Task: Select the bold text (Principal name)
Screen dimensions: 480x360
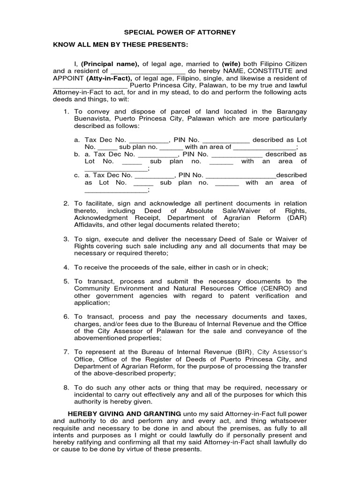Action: click(110, 63)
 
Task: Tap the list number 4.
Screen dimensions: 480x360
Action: click(66, 267)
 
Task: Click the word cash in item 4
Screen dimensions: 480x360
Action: click(221, 267)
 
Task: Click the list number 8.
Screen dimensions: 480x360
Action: click(66, 388)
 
